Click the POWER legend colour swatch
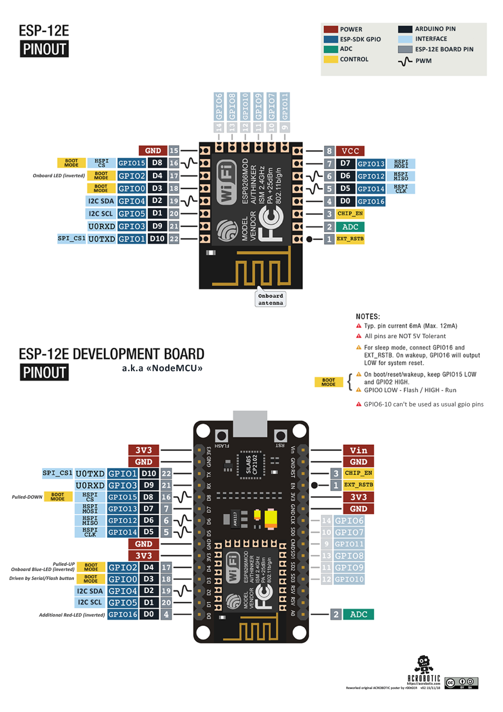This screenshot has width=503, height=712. (331, 29)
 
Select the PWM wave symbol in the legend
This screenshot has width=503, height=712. (405, 61)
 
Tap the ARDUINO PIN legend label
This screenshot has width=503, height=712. (435, 29)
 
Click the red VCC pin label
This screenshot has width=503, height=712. (350, 151)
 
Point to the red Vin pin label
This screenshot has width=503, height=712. (358, 450)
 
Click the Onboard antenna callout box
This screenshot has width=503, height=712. (270, 299)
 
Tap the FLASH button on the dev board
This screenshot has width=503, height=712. (222, 436)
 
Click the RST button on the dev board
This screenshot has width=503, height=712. (280, 436)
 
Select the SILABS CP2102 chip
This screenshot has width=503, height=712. (251, 465)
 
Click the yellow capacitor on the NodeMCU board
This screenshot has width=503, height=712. (271, 519)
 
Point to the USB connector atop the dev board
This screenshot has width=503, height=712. (250, 423)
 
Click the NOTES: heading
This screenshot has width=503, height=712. (368, 317)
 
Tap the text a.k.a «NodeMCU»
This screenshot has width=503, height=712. (162, 368)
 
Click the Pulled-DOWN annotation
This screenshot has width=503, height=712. (27, 497)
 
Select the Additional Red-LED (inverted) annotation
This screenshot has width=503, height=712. (72, 615)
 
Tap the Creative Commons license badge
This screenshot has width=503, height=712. (461, 683)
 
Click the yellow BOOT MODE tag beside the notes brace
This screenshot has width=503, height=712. (329, 382)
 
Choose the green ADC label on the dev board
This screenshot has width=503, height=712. (358, 614)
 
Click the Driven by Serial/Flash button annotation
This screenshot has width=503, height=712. (41, 579)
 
